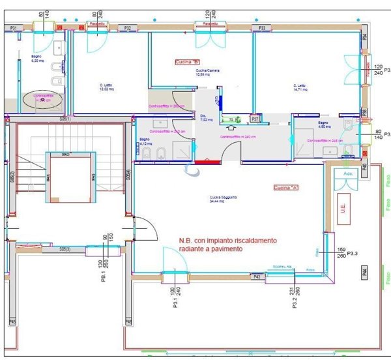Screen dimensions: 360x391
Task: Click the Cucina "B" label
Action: (187, 62)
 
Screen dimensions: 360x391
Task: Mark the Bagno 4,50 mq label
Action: (323, 124)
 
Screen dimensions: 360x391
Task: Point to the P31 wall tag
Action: (13, 28)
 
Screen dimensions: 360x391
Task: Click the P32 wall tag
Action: (128, 28)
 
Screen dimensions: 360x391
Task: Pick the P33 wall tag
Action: (261, 28)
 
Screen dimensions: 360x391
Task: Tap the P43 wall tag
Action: (257, 277)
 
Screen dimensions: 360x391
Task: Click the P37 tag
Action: (255, 119)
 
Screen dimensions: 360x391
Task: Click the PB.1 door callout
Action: (104, 273)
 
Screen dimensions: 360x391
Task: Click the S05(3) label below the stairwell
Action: (65, 249)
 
